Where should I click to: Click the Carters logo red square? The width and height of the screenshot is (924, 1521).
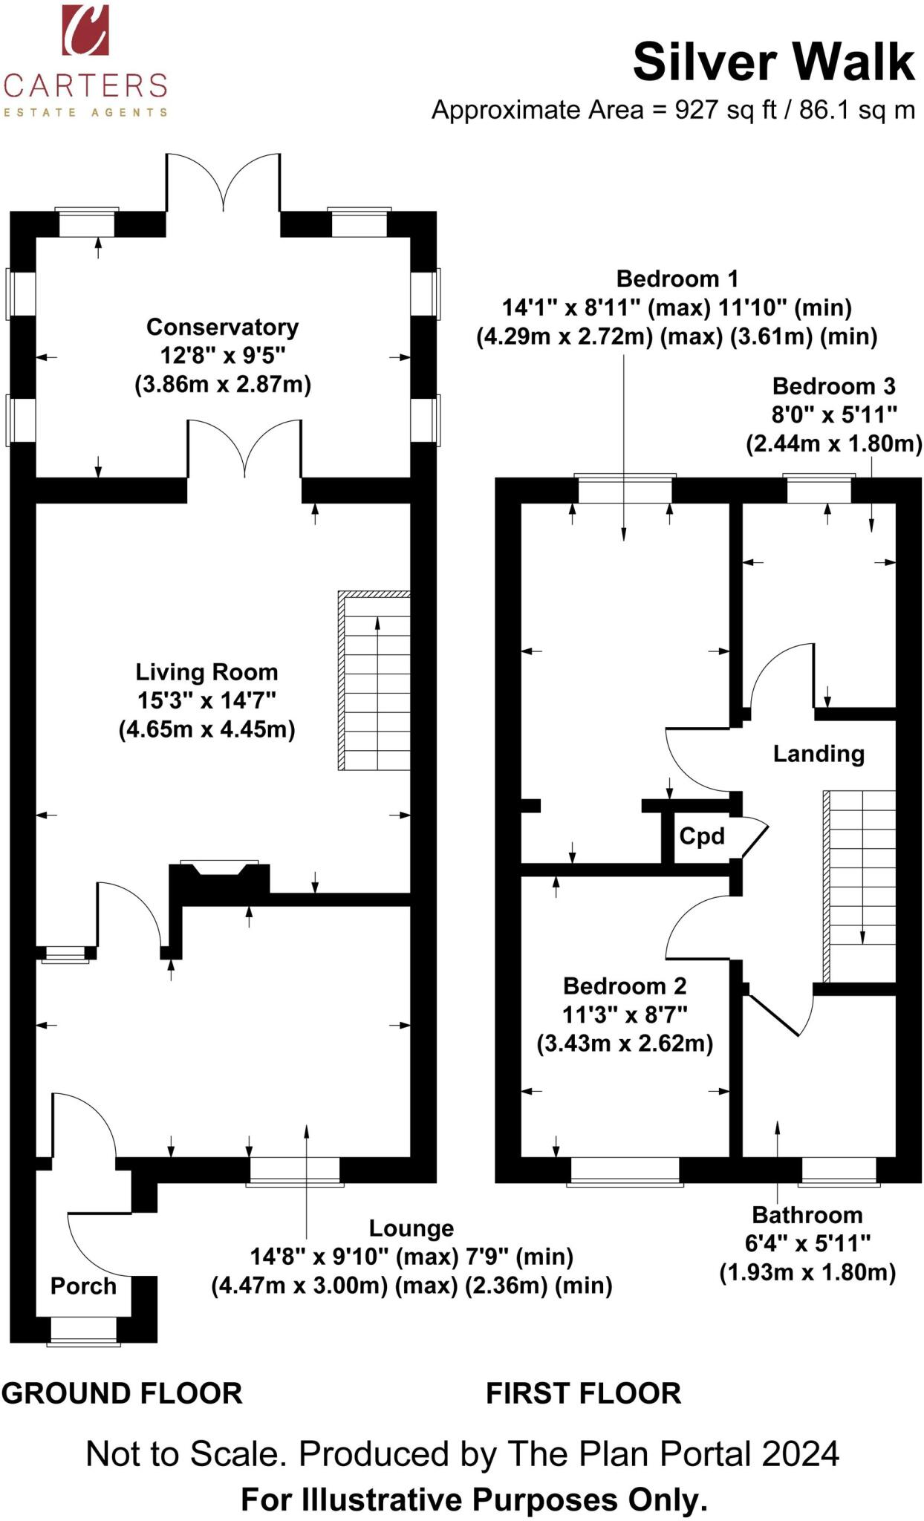point(85,30)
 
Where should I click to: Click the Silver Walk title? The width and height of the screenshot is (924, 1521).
point(772,62)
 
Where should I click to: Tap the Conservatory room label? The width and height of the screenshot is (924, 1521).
point(222,327)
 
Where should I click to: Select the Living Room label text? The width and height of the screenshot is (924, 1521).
point(206,672)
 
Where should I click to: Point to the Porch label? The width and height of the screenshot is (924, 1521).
point(83,1286)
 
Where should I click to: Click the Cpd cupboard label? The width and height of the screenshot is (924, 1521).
point(701,836)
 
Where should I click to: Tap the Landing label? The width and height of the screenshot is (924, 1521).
point(818,754)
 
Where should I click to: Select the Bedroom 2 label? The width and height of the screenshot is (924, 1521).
point(624,986)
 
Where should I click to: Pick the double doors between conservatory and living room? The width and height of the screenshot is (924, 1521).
point(244,449)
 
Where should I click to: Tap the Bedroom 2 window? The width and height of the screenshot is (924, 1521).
point(625,1170)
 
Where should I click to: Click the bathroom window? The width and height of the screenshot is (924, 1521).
point(839,1170)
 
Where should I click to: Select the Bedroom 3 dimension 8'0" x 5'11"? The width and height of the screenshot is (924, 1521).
point(833,414)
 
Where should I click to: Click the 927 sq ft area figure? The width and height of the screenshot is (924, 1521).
point(725,110)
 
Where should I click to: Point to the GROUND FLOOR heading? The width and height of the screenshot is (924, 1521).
point(122,1394)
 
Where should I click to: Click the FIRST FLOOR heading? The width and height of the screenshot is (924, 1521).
point(583,1394)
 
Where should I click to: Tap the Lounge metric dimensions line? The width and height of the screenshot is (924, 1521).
point(411,1286)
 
